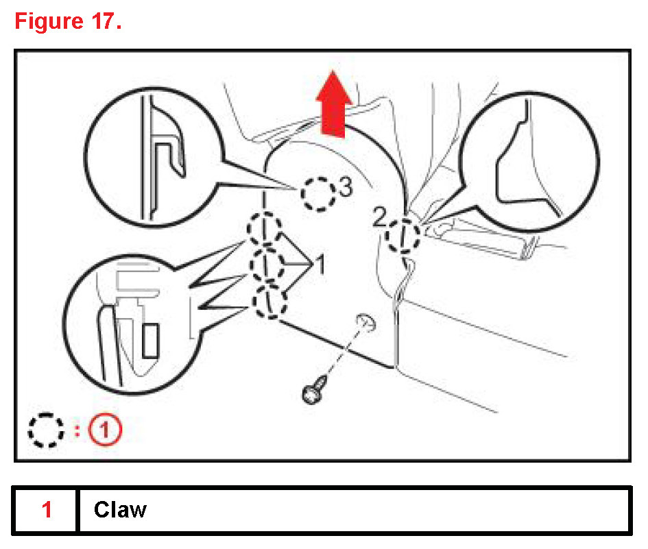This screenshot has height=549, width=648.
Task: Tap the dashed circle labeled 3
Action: click(318, 195)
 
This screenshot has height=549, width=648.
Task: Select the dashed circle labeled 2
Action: click(403, 235)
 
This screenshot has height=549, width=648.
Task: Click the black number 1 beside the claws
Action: click(317, 263)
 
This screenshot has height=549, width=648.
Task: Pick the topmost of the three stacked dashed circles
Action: click(264, 228)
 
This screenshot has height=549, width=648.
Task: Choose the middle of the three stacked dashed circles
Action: click(267, 264)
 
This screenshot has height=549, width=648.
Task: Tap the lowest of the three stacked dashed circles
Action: click(268, 301)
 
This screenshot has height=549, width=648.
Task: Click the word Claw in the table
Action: click(120, 510)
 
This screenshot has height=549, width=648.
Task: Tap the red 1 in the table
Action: click(47, 510)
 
